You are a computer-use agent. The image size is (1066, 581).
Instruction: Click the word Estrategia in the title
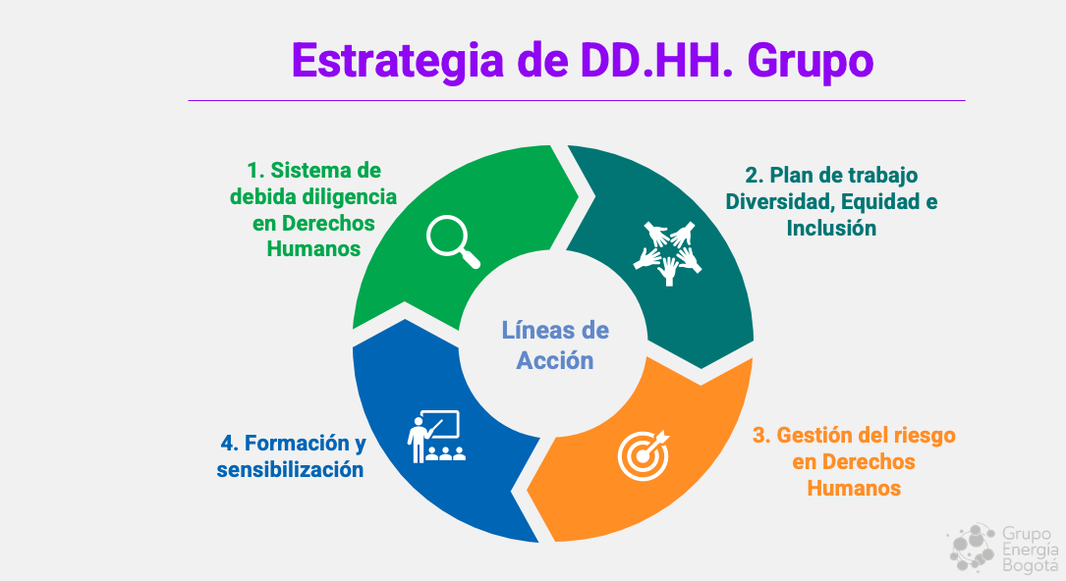click(x=398, y=61)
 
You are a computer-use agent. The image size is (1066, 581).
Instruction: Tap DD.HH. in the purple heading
click(x=656, y=61)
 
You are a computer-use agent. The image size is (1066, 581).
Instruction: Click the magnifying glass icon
click(x=453, y=241)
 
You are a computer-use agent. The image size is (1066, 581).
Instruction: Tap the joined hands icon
click(x=668, y=252)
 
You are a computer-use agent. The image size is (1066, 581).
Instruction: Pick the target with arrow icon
click(x=644, y=455)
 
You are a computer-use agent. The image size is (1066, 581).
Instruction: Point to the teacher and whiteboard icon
click(x=436, y=437)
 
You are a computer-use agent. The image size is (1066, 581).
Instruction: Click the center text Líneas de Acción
click(x=555, y=345)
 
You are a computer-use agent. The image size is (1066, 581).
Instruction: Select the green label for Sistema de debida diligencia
click(x=313, y=209)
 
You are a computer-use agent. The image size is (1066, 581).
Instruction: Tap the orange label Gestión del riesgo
click(x=854, y=461)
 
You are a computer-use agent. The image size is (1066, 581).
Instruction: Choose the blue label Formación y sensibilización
click(x=291, y=456)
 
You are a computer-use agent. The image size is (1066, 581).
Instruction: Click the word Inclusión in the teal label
click(x=831, y=228)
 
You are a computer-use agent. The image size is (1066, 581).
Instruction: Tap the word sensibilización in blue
click(x=290, y=469)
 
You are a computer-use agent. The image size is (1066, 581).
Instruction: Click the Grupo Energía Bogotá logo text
click(x=1030, y=550)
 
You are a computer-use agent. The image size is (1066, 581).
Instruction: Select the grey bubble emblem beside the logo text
click(x=973, y=547)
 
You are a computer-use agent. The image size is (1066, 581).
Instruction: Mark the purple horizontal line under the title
click(x=577, y=100)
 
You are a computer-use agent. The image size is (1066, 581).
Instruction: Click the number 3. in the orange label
click(x=761, y=435)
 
